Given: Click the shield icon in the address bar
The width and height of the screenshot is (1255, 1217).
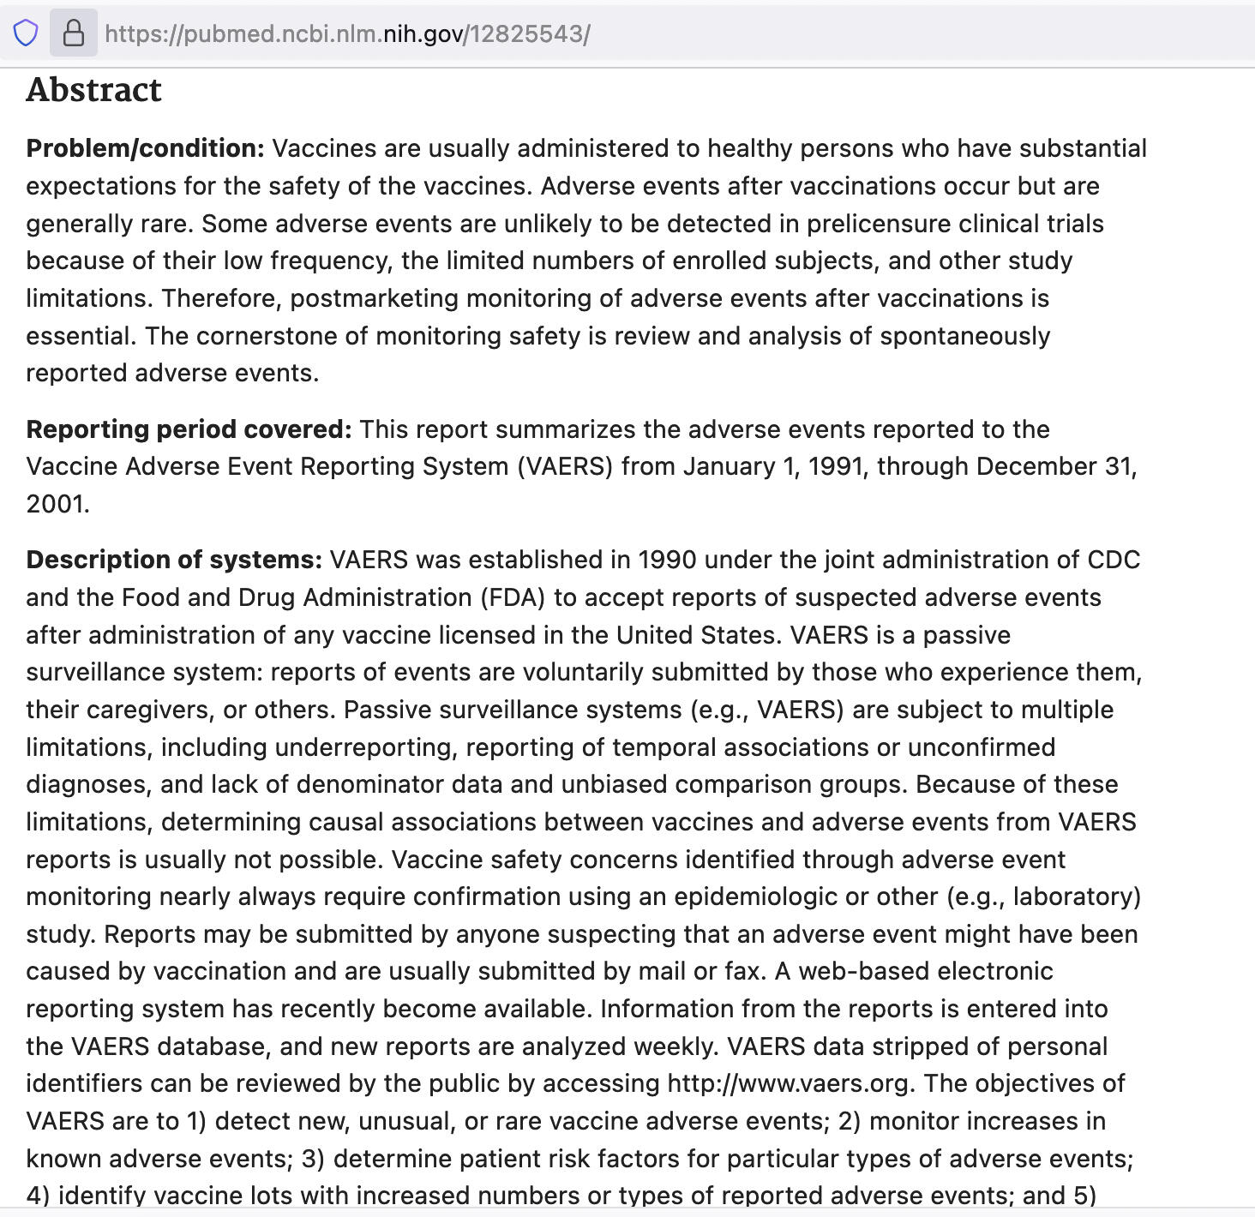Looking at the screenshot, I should pos(26,33).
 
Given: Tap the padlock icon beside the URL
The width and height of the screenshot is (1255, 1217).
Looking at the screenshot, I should pos(74,33).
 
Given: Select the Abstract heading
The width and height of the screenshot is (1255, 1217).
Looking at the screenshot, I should pos(93,90).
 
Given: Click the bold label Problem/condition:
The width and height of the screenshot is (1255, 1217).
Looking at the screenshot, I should pos(145,148).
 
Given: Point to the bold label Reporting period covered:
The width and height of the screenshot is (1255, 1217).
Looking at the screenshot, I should pos(189,429).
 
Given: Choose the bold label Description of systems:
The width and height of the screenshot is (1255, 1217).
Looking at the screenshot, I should pos(174,560).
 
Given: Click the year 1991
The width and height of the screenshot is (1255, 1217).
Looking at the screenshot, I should pos(836,466).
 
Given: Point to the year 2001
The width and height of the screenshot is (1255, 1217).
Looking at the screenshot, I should pos(57,504).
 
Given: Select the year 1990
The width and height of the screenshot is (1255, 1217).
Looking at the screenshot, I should pos(667,560).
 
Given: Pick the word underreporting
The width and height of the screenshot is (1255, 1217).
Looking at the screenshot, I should pos(364,747).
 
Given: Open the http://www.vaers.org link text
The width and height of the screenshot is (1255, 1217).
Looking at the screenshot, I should pos(788,1083).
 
